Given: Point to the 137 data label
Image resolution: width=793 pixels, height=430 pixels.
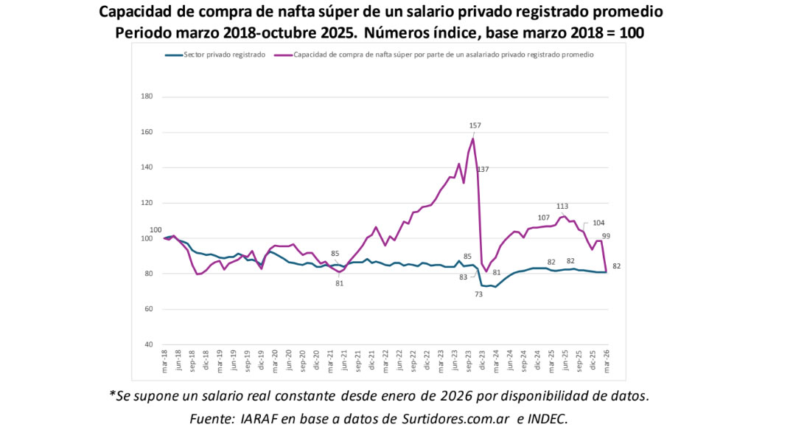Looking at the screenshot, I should [483, 170].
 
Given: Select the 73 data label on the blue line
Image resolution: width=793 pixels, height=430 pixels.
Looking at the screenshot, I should [478, 294].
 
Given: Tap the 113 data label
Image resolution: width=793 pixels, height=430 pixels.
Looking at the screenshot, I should [562, 207].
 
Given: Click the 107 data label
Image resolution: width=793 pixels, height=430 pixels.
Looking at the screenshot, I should [544, 218].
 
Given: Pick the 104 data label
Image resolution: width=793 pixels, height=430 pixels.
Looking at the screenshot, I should [598, 223].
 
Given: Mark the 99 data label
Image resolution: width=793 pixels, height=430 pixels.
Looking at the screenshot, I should [606, 236].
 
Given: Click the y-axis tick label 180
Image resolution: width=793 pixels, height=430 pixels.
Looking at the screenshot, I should [146, 97].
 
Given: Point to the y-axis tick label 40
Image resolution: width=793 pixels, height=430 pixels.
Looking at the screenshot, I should [148, 344].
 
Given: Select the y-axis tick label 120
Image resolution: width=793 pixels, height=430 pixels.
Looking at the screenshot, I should [146, 203].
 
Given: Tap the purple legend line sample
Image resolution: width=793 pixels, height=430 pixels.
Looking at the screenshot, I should [282, 55].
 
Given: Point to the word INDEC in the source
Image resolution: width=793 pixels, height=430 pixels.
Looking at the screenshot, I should [547, 418].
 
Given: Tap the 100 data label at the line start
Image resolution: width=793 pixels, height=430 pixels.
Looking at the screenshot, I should [156, 229].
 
